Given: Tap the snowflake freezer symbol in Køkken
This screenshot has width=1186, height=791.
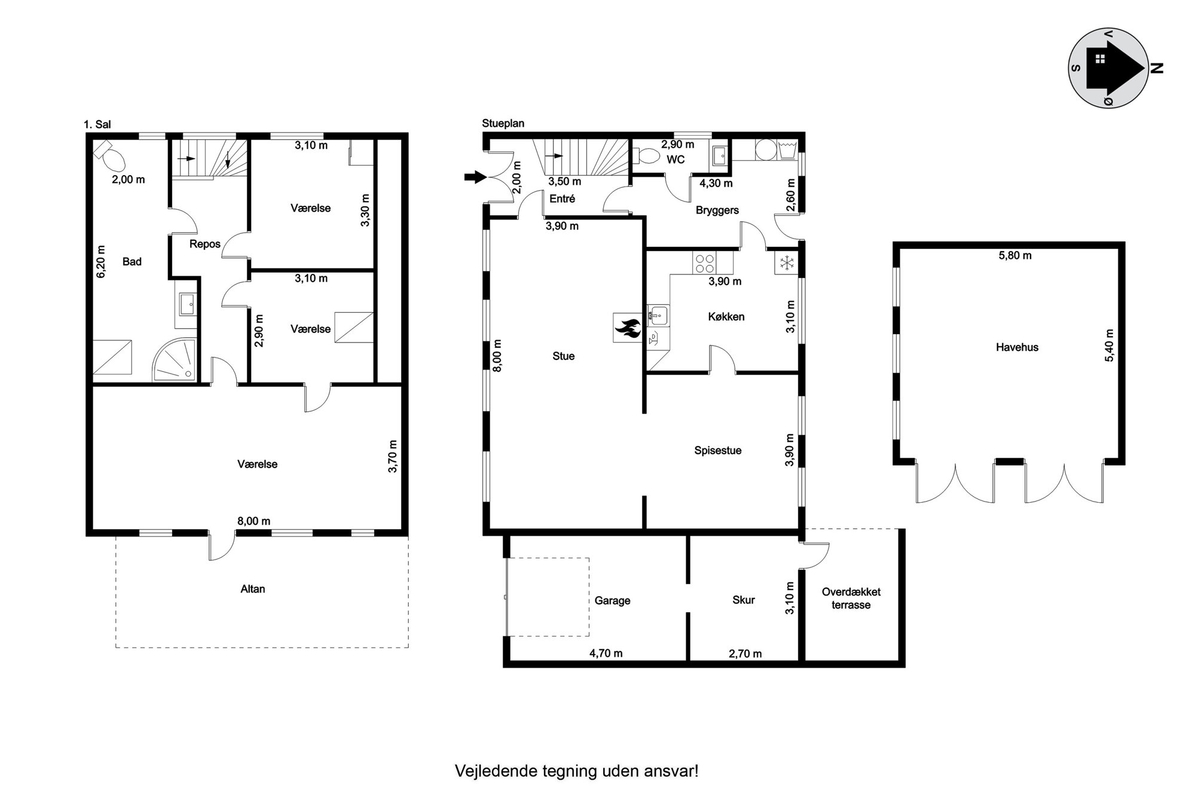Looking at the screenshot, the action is (787, 262).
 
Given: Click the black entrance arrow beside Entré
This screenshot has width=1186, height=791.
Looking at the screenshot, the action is (476, 176).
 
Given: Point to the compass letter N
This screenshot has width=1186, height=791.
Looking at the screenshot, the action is (1157, 68).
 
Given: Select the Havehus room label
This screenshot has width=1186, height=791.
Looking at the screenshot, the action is (1017, 347).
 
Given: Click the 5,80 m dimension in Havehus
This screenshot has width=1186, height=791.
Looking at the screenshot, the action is (1015, 255).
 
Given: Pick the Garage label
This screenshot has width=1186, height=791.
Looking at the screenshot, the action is (612, 601).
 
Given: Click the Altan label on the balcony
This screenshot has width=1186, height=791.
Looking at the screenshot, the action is (252, 589).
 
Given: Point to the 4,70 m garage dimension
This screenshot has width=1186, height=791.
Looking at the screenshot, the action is (606, 653).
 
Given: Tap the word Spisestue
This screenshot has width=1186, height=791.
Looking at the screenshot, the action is (717, 451).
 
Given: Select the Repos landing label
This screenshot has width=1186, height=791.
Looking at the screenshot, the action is (204, 244).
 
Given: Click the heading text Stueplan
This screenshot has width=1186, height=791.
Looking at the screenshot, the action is (503, 124).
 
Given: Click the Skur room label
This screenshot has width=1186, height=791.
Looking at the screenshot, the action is (744, 600).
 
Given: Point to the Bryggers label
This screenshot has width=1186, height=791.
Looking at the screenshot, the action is (717, 210).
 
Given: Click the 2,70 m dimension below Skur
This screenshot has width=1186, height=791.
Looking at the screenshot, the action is (745, 654).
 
